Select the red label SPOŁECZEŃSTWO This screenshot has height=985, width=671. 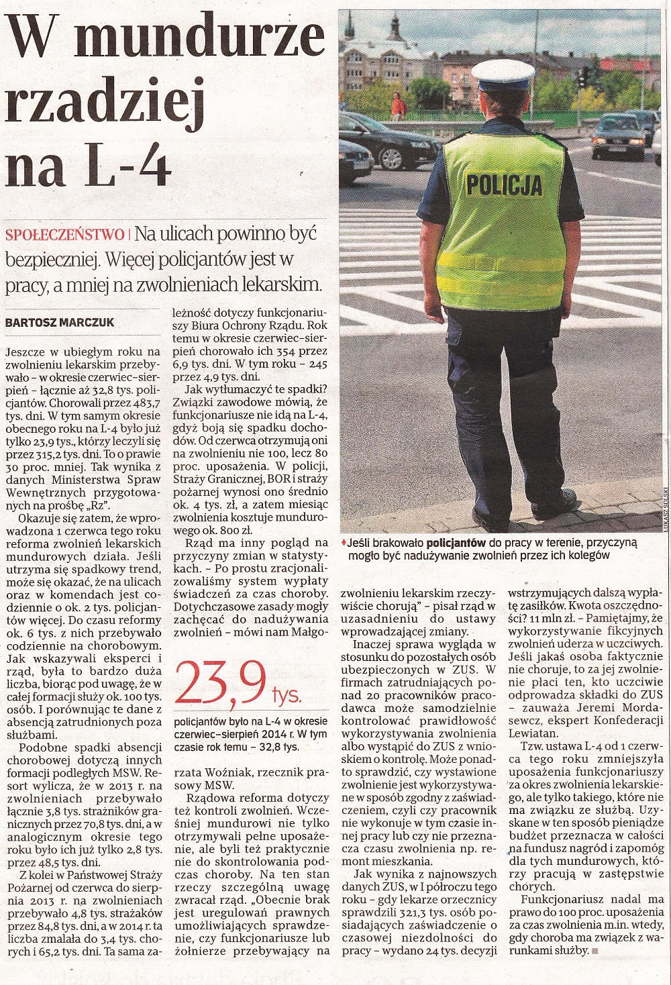coord(64,235)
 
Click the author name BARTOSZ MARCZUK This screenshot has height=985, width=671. coord(59,323)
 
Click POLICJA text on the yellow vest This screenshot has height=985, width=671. coord(504,184)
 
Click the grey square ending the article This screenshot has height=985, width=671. coord(595,951)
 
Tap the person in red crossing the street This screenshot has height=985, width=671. coord(397,106)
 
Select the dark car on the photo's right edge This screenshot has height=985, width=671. coord(621,134)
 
